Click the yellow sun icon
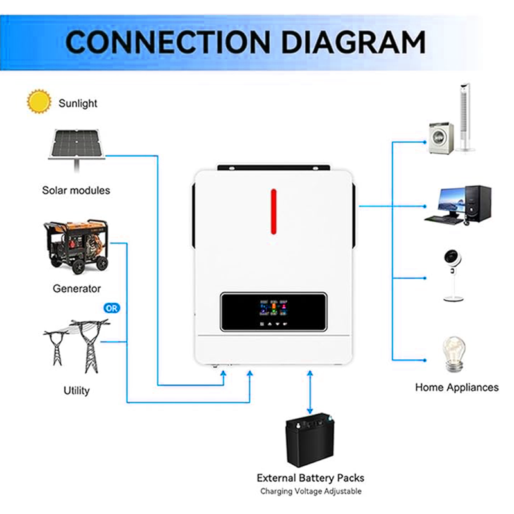tap(39, 102)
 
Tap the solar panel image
tap(78, 145)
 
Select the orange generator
tap(76, 248)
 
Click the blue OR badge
tap(112, 308)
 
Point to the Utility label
tap(76, 391)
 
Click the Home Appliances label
tap(456, 387)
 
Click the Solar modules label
tap(76, 190)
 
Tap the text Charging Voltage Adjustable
tap(310, 492)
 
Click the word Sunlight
tap(78, 102)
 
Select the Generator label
tap(76, 288)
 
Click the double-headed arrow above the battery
tap(310, 393)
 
